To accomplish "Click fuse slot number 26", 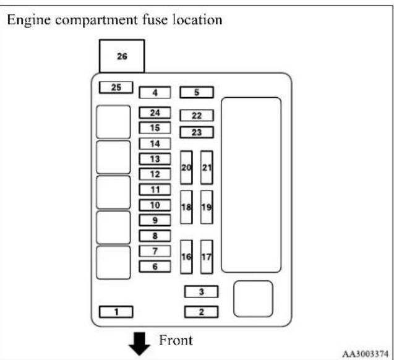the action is (122, 56).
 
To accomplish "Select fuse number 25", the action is (116, 87).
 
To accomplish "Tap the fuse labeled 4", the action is (155, 92).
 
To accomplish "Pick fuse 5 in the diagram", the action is (197, 92).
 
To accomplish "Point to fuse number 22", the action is (197, 116).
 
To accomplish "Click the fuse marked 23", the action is (197, 132).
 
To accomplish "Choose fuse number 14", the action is (155, 144).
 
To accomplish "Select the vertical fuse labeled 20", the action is (186, 168).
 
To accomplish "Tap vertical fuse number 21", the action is (207, 168).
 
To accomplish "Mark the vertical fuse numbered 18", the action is (186, 207).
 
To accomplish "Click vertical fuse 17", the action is (207, 257).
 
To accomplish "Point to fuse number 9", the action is (155, 220).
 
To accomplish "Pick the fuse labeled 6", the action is (155, 267).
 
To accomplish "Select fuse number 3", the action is (201, 292).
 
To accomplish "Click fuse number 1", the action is (116, 312).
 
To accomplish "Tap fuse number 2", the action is (201, 312).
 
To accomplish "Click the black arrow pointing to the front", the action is (139, 344).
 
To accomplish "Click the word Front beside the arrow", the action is (176, 340).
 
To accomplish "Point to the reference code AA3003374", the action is (366, 354).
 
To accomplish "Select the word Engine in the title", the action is (29, 20).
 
